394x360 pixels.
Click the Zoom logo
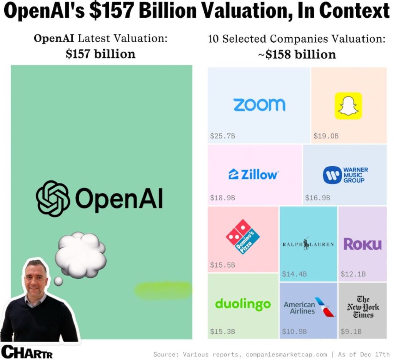coord(259,105)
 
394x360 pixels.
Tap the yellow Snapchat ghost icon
coord(348,106)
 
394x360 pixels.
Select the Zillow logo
coord(254,174)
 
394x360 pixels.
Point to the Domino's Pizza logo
coord(242,237)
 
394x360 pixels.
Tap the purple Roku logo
coord(362,244)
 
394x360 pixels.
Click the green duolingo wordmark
coord(243,304)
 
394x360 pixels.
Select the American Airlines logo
coord(309,308)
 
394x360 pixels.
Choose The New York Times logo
coord(363,307)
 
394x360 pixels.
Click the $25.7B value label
coord(222,136)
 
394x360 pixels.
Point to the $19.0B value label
coord(326,136)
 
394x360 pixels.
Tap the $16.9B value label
coord(317,198)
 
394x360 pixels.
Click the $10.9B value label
coord(294,331)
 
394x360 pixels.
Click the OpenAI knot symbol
coord(53,198)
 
